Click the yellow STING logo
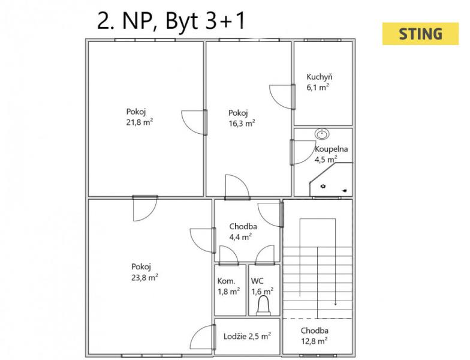420,34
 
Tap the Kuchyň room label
319,77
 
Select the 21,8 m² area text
140,122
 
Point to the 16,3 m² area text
242,124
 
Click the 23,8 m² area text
145,277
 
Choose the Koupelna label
331,149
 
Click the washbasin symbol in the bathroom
323,134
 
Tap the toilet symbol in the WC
264,305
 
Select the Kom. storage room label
227,281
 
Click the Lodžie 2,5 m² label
247,336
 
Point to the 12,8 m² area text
314,341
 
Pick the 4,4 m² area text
240,237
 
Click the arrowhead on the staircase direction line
336,304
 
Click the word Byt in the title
182,21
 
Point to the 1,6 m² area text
263,292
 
